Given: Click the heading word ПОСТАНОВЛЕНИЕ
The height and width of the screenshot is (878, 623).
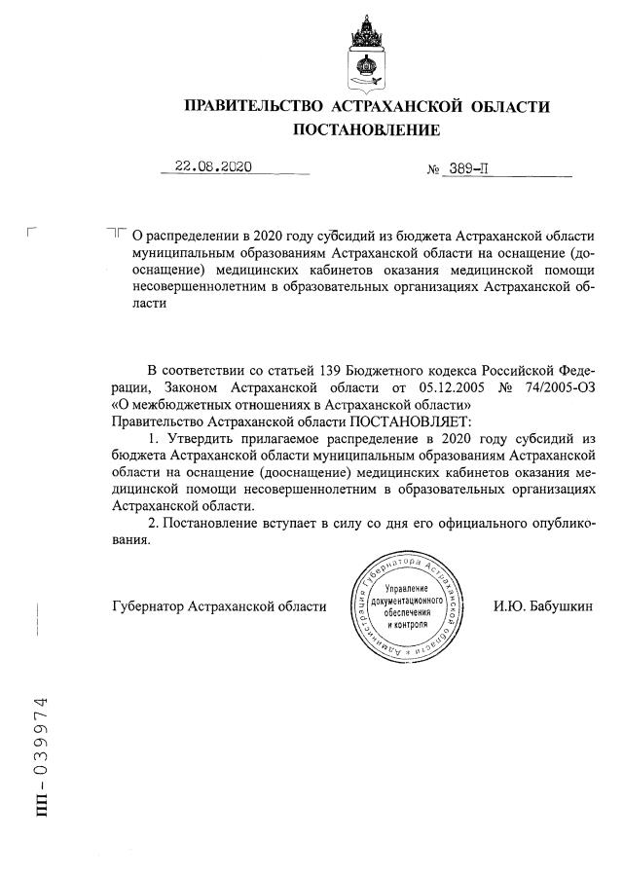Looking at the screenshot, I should (367, 129).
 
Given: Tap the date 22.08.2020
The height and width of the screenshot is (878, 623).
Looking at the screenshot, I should (213, 165).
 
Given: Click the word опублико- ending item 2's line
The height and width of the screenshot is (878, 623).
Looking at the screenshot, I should (552, 524).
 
